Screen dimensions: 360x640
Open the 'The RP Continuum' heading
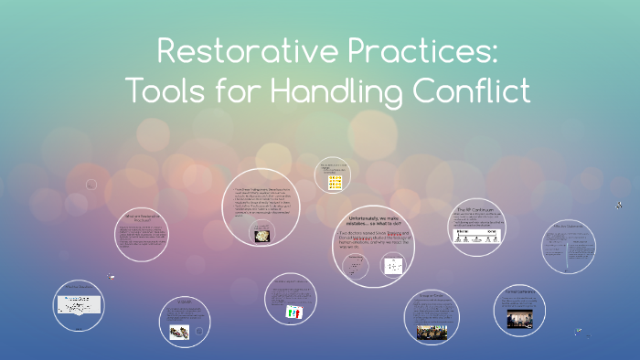pos(475,209)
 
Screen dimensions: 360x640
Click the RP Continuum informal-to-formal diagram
pos(475,235)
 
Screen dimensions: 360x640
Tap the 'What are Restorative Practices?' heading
pos(143,217)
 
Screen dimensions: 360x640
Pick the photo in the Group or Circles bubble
pos(431,330)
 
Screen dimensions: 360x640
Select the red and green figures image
pos(294,312)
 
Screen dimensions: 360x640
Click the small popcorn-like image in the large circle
pos(261,235)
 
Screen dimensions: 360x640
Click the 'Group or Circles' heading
pos(431,296)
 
